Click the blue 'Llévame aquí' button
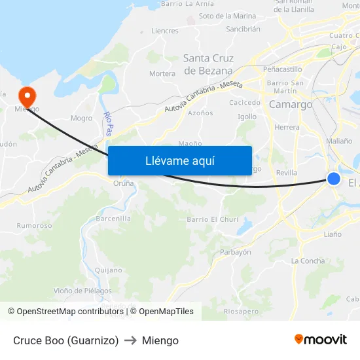click(x=179, y=160)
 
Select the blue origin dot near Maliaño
click(x=334, y=179)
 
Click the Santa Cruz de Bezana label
click(x=208, y=65)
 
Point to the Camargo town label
click(x=291, y=104)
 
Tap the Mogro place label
click(x=81, y=118)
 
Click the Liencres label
click(x=164, y=31)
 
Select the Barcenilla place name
click(x=113, y=218)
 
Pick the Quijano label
click(x=108, y=270)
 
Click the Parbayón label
click(x=235, y=252)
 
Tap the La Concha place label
click(x=308, y=261)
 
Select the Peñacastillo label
click(x=282, y=69)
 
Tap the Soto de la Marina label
click(x=227, y=16)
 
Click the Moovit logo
click(x=320, y=340)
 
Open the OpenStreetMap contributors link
click(x=69, y=312)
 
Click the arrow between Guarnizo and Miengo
click(x=130, y=340)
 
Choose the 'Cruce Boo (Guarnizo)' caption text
click(x=65, y=340)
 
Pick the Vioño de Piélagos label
click(x=82, y=291)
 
